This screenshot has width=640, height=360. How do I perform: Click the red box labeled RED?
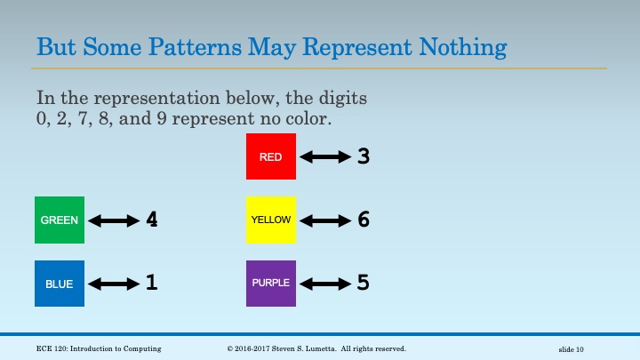tap(271, 156)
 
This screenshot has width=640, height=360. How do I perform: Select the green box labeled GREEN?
tap(60, 220)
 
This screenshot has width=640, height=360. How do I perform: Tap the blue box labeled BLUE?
tap(60, 284)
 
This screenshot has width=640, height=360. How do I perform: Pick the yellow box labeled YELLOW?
tap(271, 220)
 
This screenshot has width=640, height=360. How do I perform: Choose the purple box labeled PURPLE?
tap(271, 284)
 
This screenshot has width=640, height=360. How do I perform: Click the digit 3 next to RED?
tap(363, 156)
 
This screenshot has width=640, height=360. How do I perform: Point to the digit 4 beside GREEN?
tap(152, 220)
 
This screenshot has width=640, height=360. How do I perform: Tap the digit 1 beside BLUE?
tap(152, 284)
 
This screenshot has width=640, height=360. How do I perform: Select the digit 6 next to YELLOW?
tap(363, 220)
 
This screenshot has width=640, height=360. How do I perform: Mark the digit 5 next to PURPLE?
tap(363, 284)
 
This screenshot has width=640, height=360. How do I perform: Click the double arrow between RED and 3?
tap(325, 157)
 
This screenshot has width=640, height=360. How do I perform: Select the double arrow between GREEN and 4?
tap(115, 220)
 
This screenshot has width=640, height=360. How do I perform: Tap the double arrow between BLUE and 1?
tap(115, 284)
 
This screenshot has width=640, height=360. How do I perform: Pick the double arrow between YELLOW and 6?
tap(325, 220)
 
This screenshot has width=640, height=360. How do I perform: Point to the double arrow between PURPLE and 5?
tap(325, 284)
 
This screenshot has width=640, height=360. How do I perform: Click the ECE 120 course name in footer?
tap(99, 348)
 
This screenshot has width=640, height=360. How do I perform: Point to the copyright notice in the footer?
tap(316, 348)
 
